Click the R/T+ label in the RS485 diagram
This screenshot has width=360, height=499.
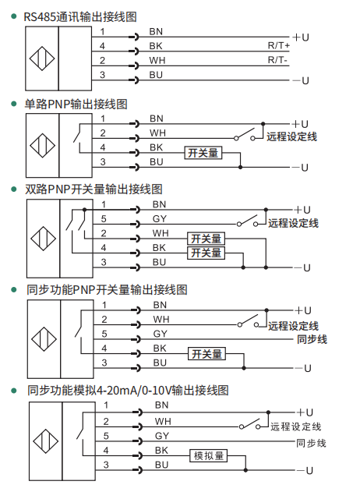[x=279, y=46]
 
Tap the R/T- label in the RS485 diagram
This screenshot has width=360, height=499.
[x=277, y=60]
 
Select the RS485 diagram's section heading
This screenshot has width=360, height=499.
[x=80, y=17]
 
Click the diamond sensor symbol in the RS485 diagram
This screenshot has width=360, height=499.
[x=42, y=58]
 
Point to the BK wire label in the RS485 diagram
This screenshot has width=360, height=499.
[x=156, y=46]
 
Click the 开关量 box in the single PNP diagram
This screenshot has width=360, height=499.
[x=203, y=153]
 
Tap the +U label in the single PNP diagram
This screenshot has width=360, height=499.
[x=300, y=124]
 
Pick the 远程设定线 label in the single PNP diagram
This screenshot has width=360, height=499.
[x=291, y=137]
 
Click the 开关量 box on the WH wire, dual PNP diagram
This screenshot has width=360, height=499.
[x=206, y=239]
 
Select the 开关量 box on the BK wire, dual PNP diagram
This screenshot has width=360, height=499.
[x=206, y=253]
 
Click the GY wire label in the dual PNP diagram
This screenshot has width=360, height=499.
[x=159, y=219]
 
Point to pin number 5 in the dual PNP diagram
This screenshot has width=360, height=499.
[x=104, y=219]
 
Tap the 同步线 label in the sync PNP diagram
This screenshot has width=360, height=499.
[x=312, y=339]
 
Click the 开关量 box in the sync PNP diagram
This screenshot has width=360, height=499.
[x=206, y=353]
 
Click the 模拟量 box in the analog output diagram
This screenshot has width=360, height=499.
[x=209, y=455]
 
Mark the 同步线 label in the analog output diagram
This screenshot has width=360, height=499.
[x=311, y=443]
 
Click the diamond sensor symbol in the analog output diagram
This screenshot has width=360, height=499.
[x=46, y=441]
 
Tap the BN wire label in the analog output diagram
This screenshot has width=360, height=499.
[x=161, y=405]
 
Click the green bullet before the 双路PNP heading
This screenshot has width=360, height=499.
[x=14, y=189]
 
